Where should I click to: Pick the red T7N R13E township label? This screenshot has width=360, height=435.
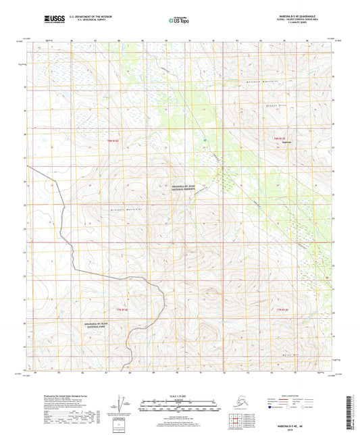(286, 309)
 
